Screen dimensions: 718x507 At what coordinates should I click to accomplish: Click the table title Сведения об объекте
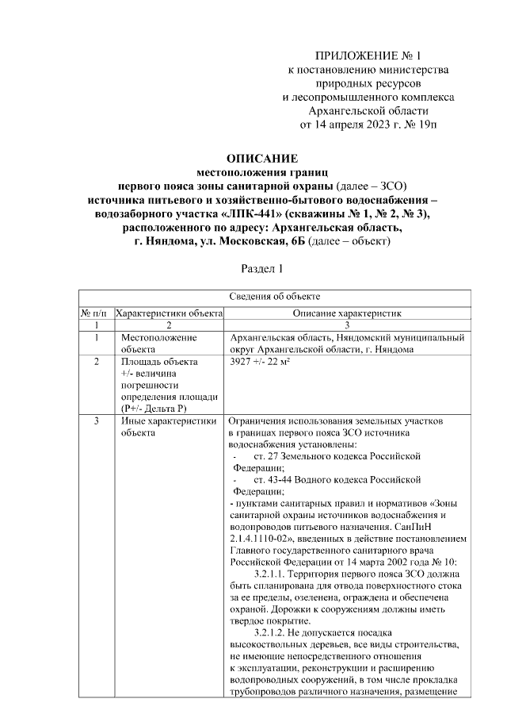coord(275,297)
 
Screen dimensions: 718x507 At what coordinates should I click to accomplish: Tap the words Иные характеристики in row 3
coord(169,421)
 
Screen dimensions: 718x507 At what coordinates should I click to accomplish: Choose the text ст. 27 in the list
coord(266,457)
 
